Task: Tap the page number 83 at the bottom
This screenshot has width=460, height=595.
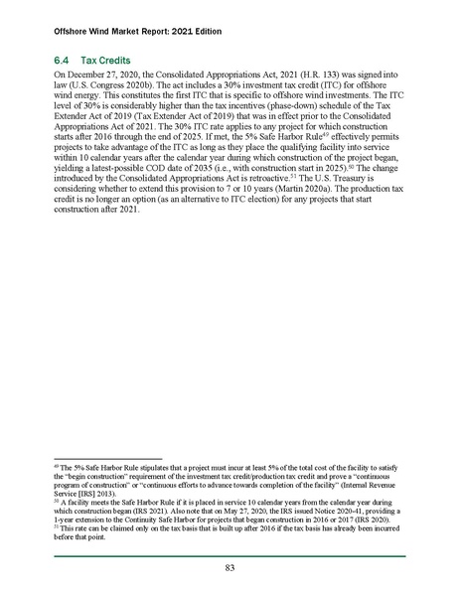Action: click(230, 568)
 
